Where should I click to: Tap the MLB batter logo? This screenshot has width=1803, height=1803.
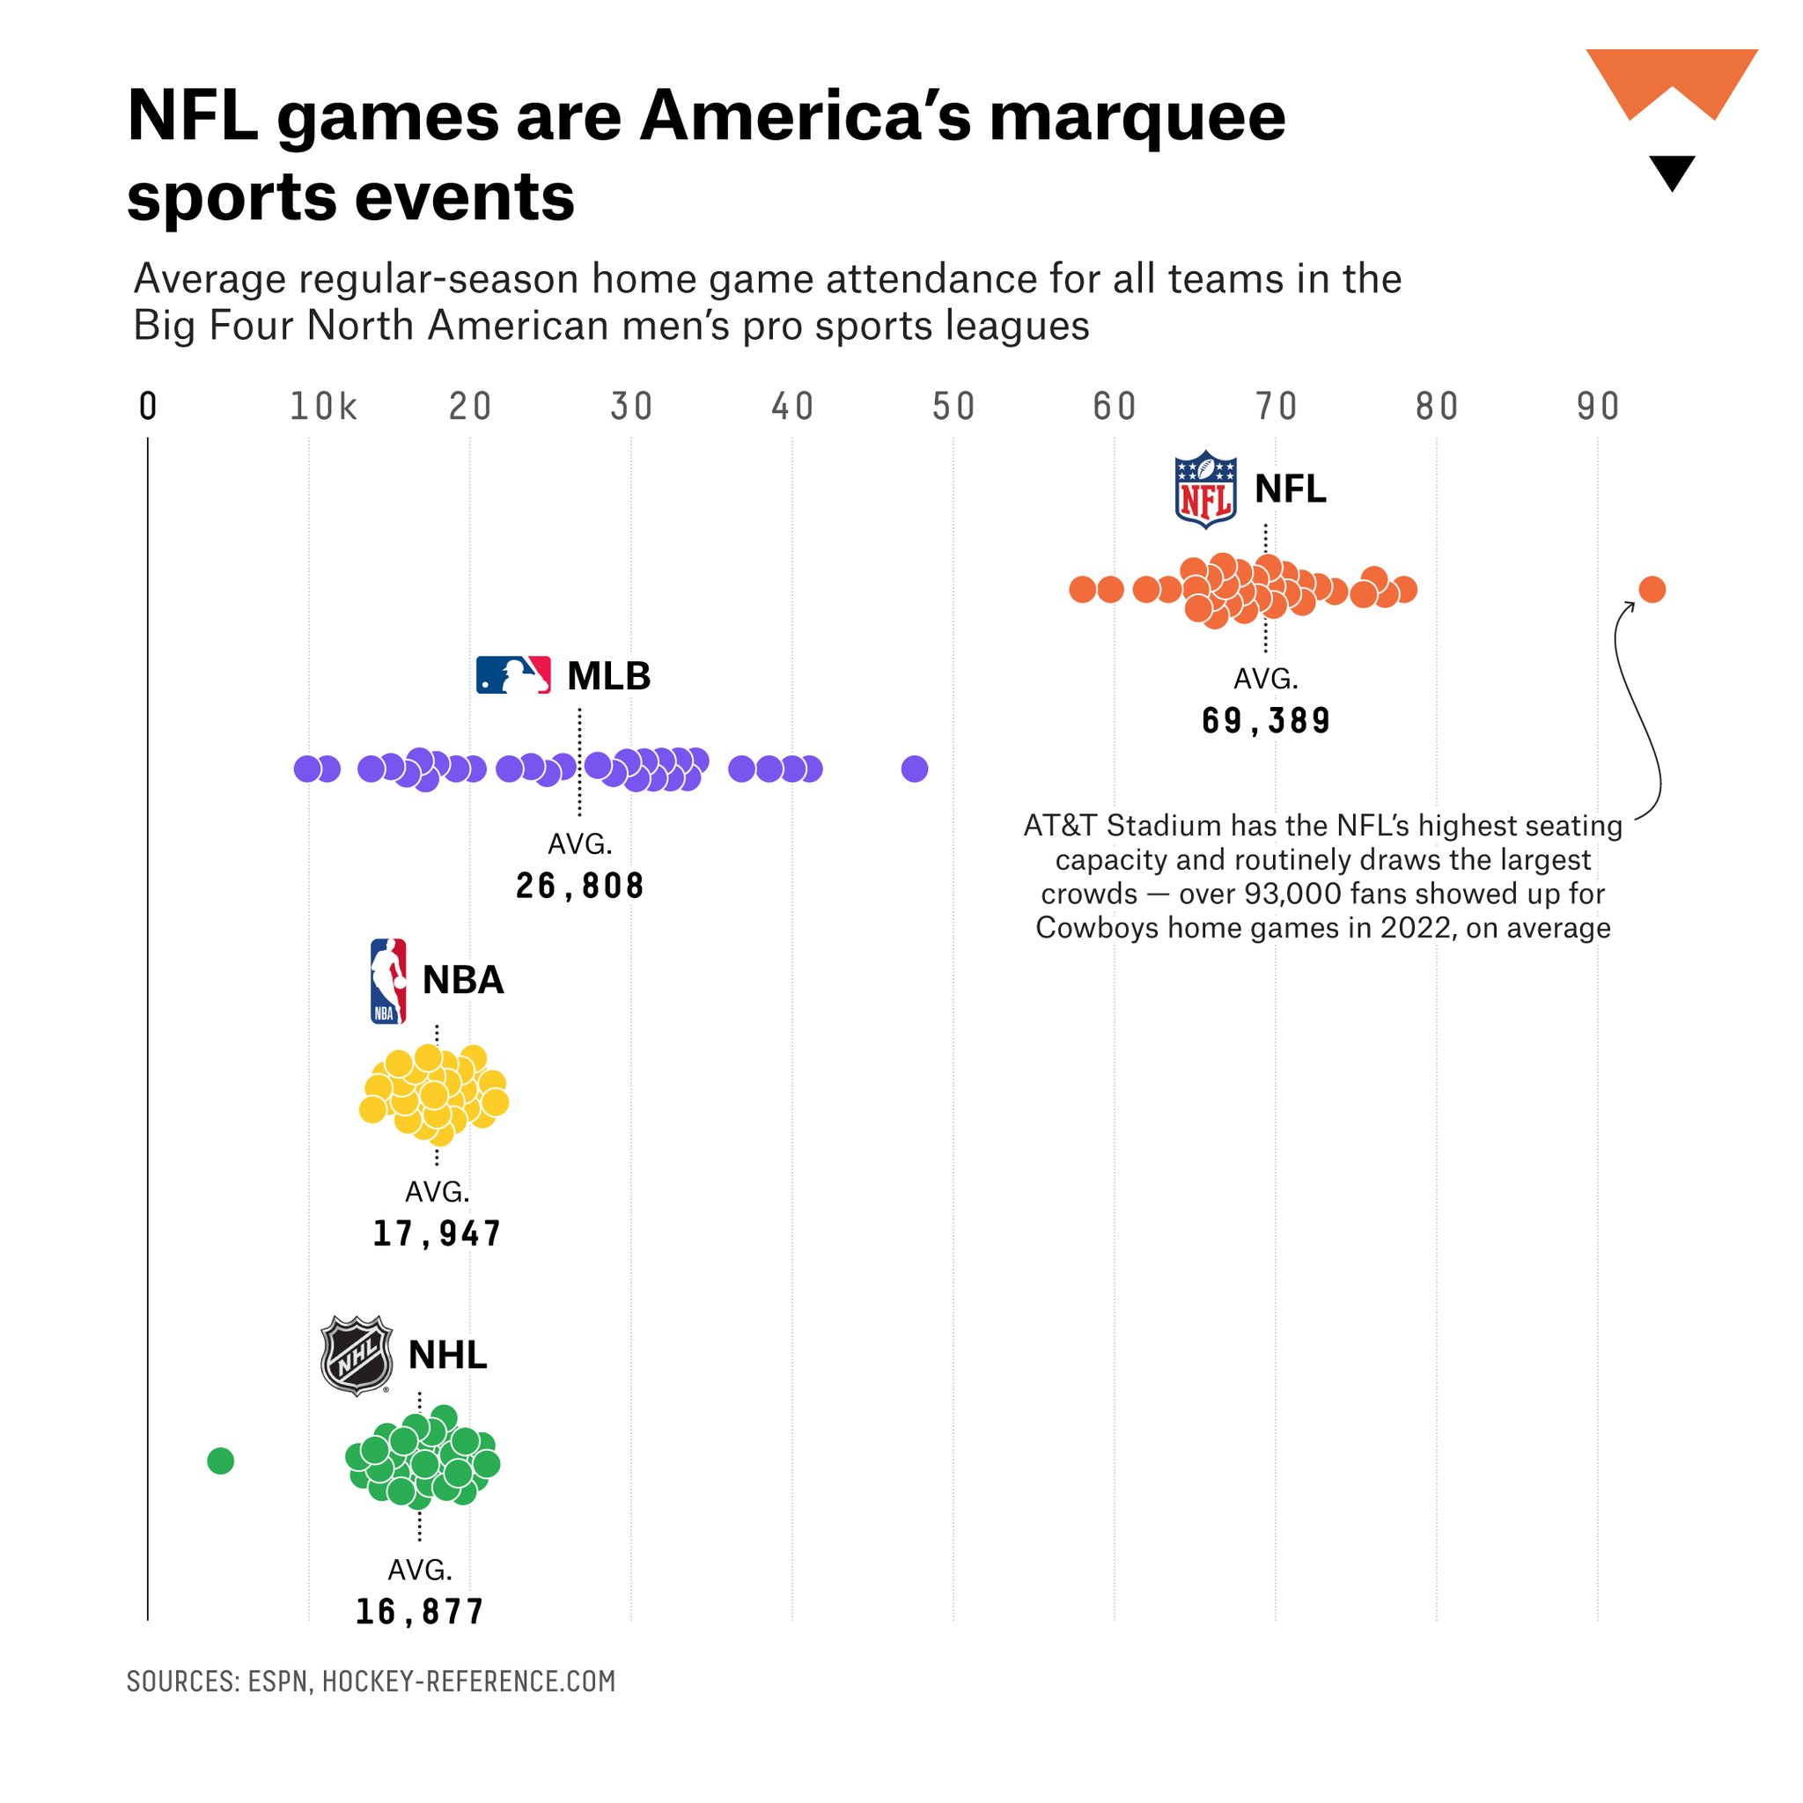(513, 674)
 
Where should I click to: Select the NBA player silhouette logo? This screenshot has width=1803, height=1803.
(388, 981)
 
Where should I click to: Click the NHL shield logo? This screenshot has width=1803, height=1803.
(356, 1355)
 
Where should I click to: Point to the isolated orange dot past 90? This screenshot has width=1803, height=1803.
(1652, 590)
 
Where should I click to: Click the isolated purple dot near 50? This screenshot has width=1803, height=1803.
(915, 769)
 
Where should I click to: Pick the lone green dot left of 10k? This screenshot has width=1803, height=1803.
(220, 1461)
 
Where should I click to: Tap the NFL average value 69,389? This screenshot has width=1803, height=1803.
(1265, 721)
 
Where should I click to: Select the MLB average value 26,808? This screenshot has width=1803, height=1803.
(579, 886)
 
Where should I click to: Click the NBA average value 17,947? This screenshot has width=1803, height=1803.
(437, 1233)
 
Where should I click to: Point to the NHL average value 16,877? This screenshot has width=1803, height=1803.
(419, 1612)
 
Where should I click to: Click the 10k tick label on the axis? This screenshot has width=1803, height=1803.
(323, 407)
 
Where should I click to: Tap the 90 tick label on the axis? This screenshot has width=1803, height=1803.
(1598, 407)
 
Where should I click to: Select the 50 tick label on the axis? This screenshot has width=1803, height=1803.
(953, 407)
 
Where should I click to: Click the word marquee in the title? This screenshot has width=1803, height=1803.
(1137, 119)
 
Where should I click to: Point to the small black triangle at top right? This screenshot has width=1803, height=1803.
(1672, 172)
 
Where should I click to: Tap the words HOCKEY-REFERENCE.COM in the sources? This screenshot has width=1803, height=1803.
(468, 1682)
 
